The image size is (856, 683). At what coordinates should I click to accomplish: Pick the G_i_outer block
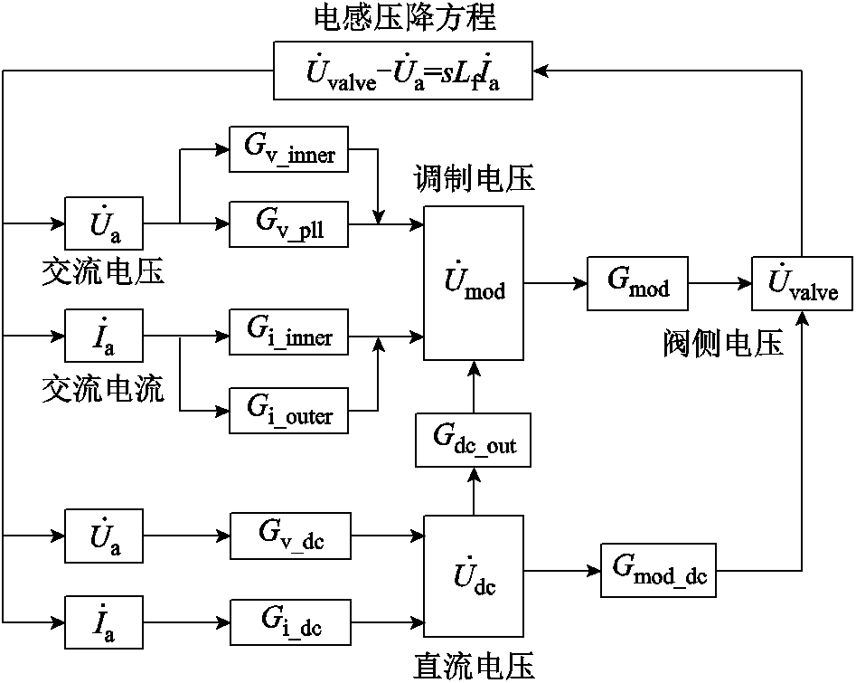289,411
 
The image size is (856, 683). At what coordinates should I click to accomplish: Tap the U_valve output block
803,283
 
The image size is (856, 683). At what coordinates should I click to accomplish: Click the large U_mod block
473,283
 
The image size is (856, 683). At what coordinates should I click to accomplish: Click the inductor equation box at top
403,71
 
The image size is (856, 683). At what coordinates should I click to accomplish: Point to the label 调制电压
474,177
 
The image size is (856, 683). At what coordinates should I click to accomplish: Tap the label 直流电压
474,668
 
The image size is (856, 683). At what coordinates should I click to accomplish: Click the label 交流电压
103,270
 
